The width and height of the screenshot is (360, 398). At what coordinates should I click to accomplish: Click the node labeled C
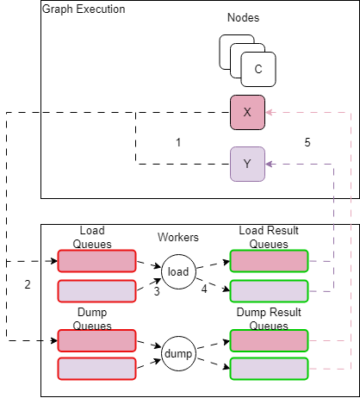point(258,69)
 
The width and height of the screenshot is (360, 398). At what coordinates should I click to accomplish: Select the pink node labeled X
point(246,113)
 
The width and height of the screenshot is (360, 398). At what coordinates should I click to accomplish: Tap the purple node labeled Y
point(246,164)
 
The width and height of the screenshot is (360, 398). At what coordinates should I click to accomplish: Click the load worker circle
point(178,271)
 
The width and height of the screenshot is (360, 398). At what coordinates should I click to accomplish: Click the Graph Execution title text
point(84,9)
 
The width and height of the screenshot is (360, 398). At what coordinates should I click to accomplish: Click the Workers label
point(178,237)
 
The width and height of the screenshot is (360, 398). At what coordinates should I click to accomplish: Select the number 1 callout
point(178,141)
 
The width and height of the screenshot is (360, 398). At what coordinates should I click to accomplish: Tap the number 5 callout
point(307,141)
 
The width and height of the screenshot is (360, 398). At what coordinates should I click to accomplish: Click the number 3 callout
point(157,291)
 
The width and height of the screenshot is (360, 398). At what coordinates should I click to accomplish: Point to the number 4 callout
point(204,290)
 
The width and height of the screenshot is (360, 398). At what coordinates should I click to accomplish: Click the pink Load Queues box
point(96,260)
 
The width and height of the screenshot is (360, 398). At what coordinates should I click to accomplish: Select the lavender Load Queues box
point(96,291)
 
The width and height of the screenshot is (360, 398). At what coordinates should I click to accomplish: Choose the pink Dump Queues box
point(96,341)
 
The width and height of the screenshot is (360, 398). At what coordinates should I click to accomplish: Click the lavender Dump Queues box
point(96,369)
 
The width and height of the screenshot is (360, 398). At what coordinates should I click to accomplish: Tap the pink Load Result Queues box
point(269,260)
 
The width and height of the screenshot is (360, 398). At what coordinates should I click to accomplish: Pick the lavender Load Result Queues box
point(269,291)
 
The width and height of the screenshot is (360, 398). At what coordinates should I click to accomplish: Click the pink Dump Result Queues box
point(269,341)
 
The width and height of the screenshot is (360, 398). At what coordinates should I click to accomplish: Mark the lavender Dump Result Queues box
point(269,369)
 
